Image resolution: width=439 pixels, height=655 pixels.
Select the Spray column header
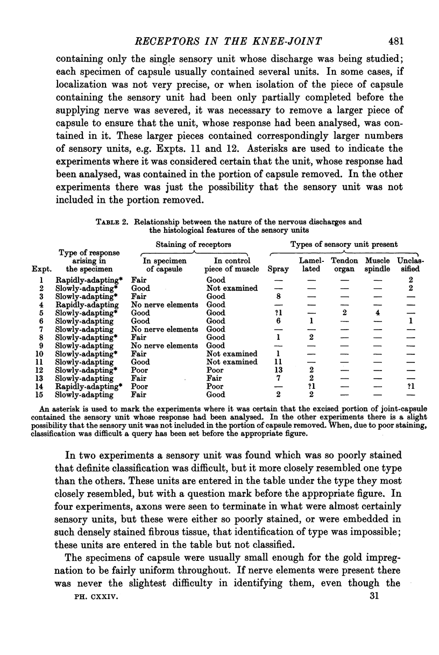point(278,269)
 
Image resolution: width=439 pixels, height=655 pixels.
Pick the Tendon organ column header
point(344,265)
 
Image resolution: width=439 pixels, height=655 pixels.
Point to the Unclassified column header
point(410,265)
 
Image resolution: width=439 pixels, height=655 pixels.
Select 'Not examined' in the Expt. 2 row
point(232,288)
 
